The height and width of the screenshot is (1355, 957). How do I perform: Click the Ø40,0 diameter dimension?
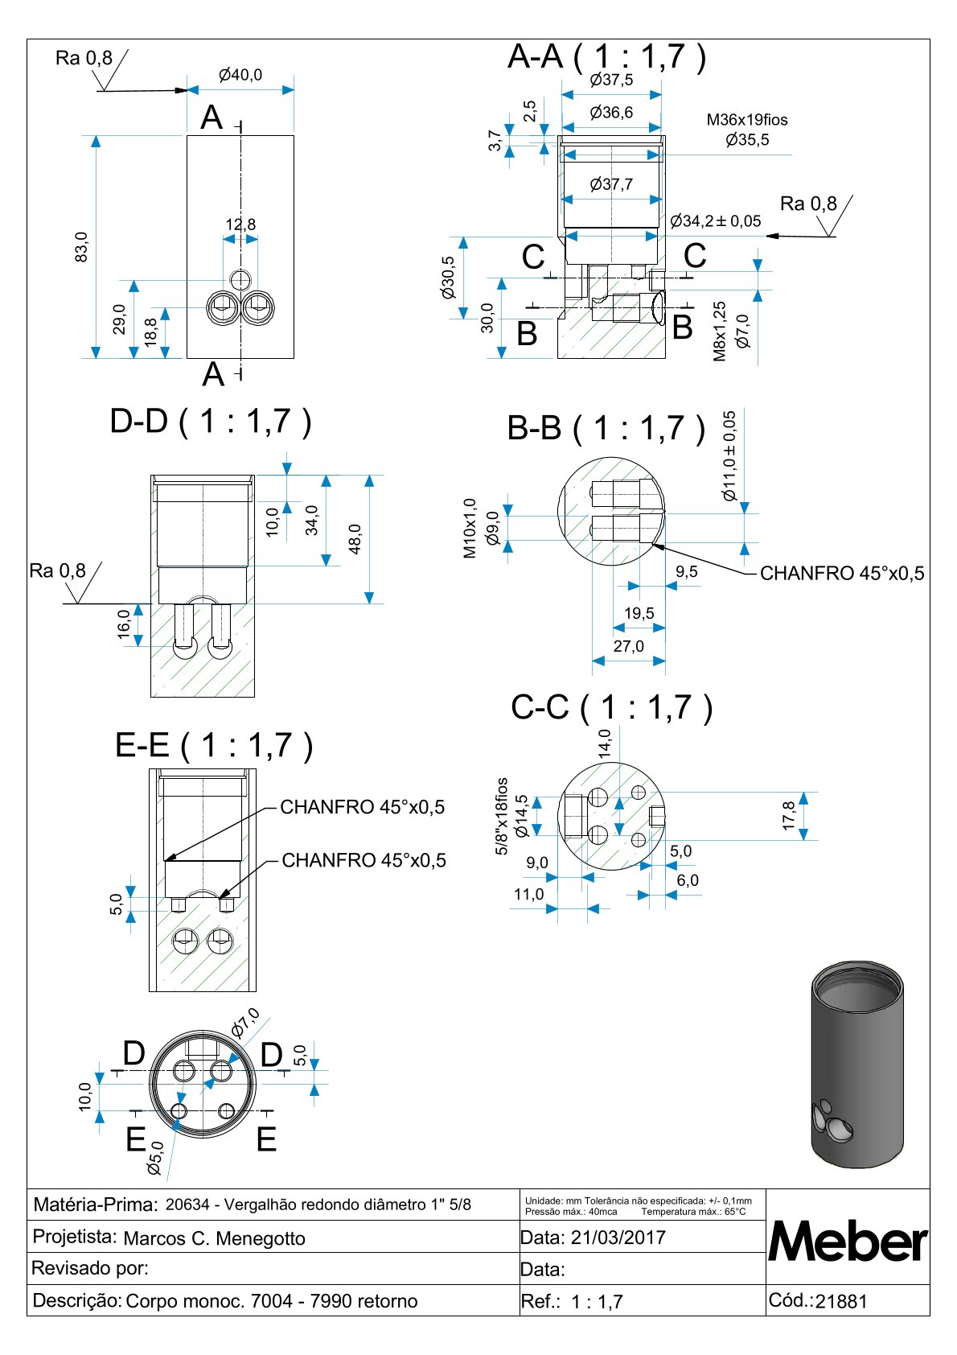[x=240, y=75]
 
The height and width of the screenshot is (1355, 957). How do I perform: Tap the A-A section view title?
[x=607, y=57]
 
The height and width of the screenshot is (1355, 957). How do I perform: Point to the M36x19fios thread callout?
[x=747, y=120]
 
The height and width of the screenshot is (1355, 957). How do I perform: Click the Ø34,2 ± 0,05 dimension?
[x=715, y=221]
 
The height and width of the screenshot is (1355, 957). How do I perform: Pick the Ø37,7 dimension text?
[x=611, y=184]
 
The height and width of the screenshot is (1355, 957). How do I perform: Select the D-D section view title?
[x=211, y=422]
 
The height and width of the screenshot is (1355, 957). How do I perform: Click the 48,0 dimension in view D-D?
[x=355, y=539]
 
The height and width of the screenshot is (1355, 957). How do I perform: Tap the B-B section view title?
[x=606, y=428]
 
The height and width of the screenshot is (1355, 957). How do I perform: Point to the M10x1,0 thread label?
[x=470, y=528]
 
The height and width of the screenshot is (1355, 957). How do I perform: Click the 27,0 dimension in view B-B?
[x=628, y=646]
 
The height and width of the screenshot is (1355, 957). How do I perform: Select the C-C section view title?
[x=611, y=707]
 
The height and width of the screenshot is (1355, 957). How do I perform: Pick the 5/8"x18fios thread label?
[x=502, y=816]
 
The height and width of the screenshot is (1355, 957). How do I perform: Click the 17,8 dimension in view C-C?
[x=788, y=815]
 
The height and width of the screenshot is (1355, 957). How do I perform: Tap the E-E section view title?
[x=214, y=745]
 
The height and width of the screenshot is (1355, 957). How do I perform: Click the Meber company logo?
[x=848, y=1241]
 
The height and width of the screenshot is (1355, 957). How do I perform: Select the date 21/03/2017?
[x=618, y=1238]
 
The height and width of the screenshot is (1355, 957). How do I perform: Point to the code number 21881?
[x=841, y=1302]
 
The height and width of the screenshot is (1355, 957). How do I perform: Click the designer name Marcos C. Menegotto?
[x=214, y=1238]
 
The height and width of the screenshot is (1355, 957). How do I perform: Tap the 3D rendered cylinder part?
[x=857, y=1064]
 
